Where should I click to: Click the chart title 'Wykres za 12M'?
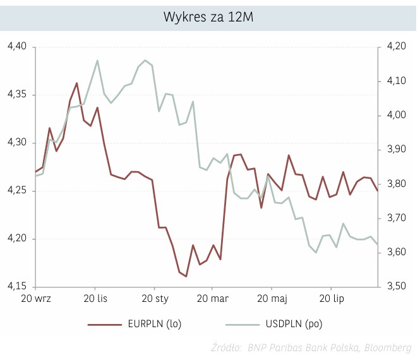pos(209,16)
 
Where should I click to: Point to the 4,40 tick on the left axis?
pos(17,47)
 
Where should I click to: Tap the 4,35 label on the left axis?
pos(17,95)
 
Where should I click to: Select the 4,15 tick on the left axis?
pos(17,287)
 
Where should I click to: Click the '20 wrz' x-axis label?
pos(36,297)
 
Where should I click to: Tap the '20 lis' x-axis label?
pos(95,297)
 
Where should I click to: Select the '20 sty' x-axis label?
pos(153,297)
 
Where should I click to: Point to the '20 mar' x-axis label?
pos(212,297)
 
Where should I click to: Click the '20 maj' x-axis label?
pos(271,297)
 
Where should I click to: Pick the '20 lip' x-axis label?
pos(330,297)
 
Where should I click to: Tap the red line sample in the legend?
pos(104,324)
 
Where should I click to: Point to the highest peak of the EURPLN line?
pos(77,83)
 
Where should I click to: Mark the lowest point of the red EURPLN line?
pos(186,276)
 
